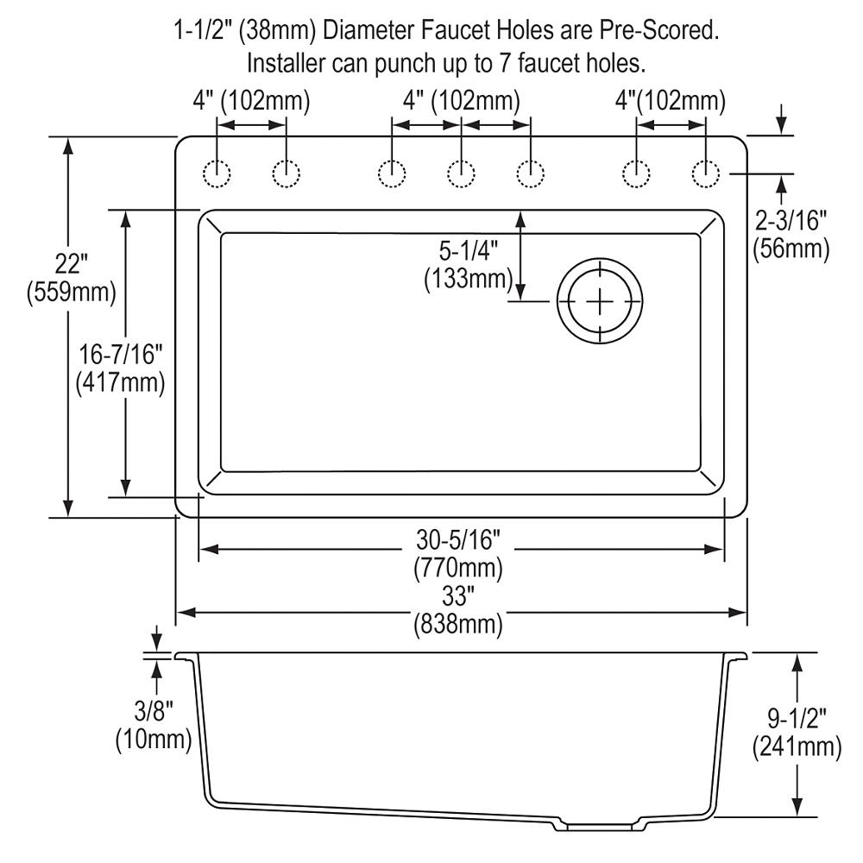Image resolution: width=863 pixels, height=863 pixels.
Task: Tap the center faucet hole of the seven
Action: [461, 174]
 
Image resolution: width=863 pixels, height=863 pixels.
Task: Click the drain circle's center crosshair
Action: [600, 301]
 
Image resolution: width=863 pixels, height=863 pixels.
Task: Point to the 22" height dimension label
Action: [71, 264]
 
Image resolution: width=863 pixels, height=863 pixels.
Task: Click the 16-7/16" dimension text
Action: [121, 354]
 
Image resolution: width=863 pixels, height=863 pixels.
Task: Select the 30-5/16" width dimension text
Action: [458, 540]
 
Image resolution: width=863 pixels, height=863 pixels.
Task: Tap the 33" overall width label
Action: [458, 595]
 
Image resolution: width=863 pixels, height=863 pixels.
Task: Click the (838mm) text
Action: [458, 625]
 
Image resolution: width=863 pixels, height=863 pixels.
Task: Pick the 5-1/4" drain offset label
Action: [469, 251]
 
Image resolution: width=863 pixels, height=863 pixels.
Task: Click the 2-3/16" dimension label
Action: [791, 221]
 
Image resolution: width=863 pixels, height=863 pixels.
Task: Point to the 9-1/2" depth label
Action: [797, 718]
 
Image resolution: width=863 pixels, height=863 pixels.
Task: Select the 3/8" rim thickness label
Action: [154, 711]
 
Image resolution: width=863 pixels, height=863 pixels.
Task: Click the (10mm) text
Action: [154, 740]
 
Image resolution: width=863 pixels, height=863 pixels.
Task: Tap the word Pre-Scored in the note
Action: [658, 31]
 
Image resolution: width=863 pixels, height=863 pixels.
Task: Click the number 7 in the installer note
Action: [505, 63]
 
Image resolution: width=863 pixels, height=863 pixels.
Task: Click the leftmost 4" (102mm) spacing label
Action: [251, 101]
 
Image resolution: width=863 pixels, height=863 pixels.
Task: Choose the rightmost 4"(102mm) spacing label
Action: [671, 101]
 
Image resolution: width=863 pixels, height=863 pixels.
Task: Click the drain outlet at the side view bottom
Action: [599, 826]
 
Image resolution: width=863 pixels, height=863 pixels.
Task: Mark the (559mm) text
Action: [71, 293]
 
